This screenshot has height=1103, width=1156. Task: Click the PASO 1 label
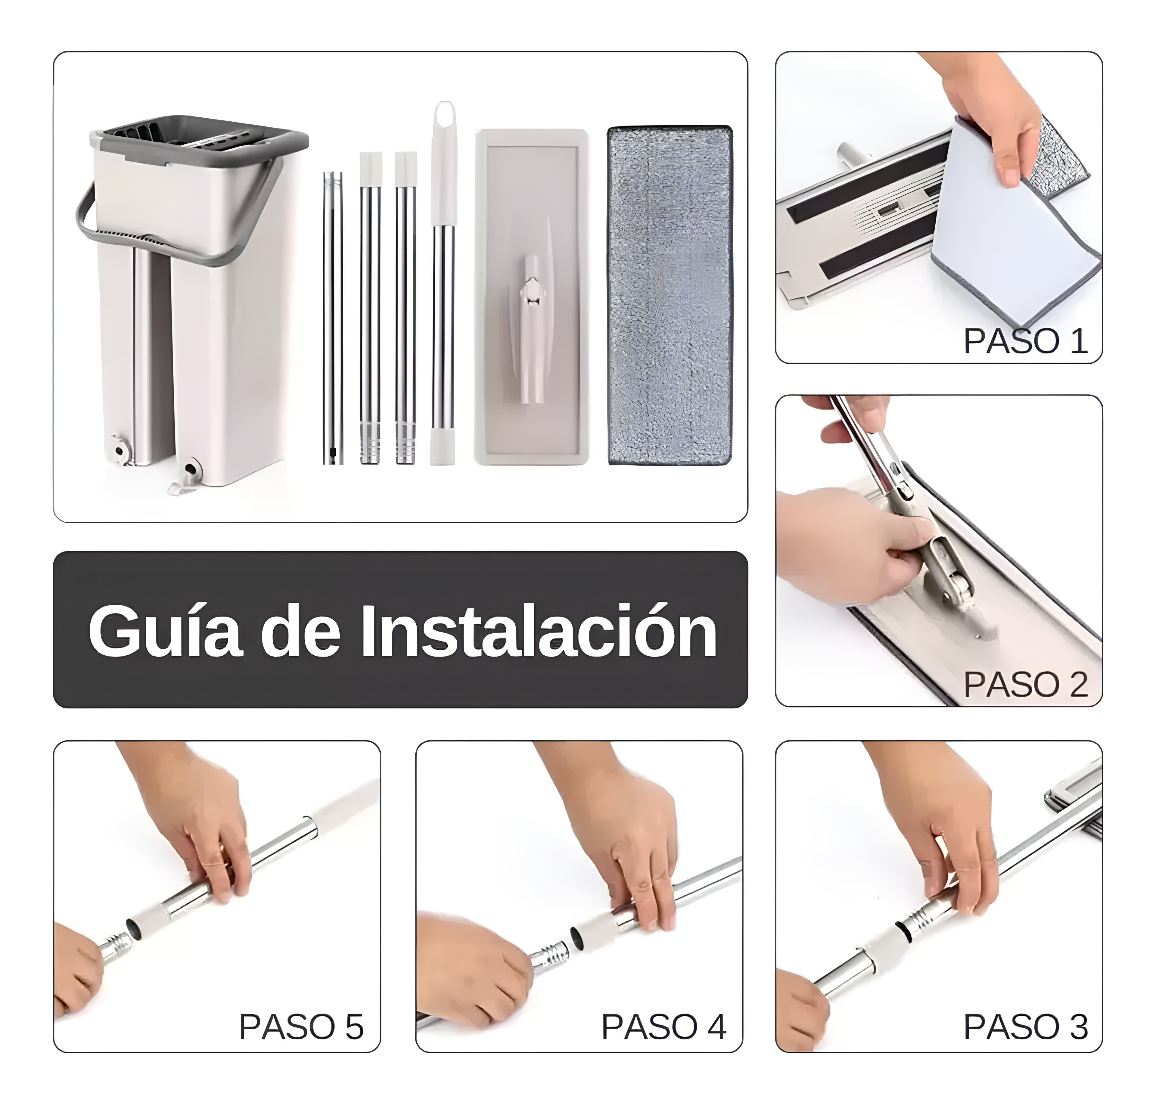(1025, 341)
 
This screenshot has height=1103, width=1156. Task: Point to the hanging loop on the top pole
(444, 118)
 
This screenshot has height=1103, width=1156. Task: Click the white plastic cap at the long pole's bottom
(443, 446)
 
